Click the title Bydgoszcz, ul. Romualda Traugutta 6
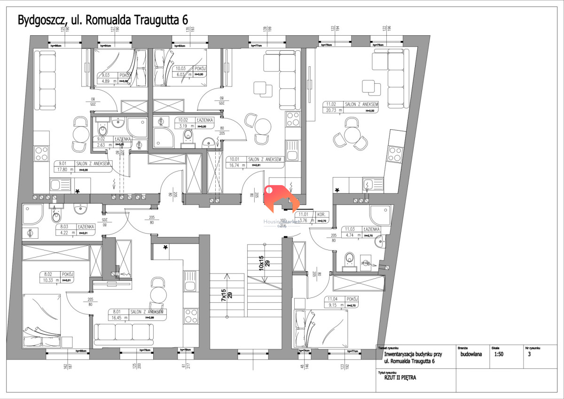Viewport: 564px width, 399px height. click(x=102, y=20)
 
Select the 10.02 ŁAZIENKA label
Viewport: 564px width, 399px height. click(x=195, y=120)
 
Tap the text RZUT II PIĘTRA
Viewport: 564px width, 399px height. click(x=397, y=376)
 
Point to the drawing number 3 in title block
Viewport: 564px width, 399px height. click(x=529, y=355)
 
